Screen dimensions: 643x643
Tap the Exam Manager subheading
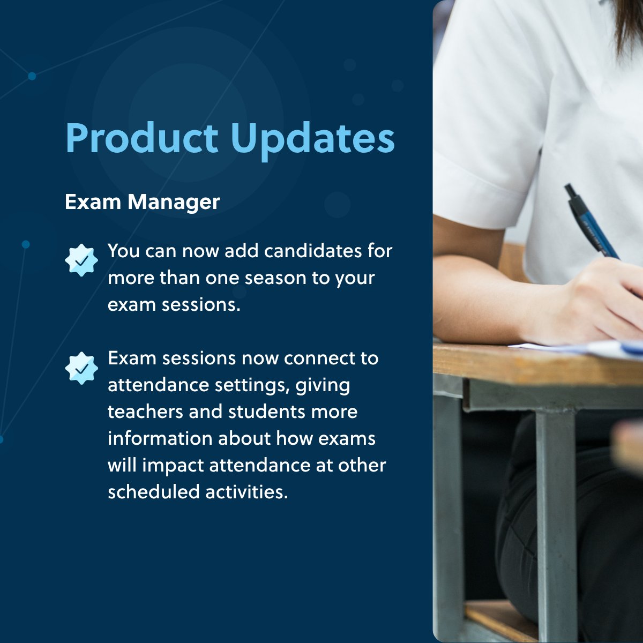(142, 202)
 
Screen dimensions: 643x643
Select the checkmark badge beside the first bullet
(81, 260)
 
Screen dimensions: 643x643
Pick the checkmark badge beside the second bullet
(81, 368)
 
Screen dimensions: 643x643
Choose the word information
(160, 438)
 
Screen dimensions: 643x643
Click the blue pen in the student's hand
(592, 222)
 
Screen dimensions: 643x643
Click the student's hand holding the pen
(600, 300)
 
